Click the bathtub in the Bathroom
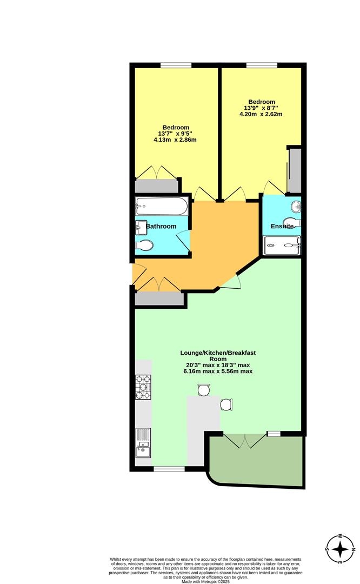coord(162,207)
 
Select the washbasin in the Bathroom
coord(141,228)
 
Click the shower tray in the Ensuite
coord(282,245)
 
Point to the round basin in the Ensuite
coord(296,205)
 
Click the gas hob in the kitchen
coord(143,387)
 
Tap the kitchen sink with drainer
coord(143,443)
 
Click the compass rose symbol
coord(340,549)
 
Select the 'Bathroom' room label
coord(161,226)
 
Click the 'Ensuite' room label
coord(282,226)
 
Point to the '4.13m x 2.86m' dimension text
coord(175,140)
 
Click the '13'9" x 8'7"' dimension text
coord(261,108)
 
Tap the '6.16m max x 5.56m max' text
coord(218,371)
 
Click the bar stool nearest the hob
coord(204,390)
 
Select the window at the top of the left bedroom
coord(176,65)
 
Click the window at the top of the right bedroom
coord(262,65)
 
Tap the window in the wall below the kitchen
coord(169,469)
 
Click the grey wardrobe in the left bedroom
coord(156,186)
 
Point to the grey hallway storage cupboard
coord(159,299)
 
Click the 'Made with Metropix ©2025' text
coord(205,581)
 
